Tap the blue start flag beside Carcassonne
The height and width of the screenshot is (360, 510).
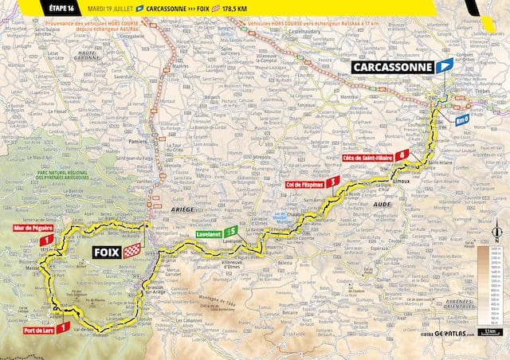pyautogui.click(x=445, y=65)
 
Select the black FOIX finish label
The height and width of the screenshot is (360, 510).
pyautogui.click(x=100, y=252)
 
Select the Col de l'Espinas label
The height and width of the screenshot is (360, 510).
pyautogui.click(x=306, y=183)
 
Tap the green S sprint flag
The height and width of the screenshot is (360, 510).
pyautogui.click(x=232, y=231)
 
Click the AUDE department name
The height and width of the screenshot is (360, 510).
pyautogui.click(x=382, y=205)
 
